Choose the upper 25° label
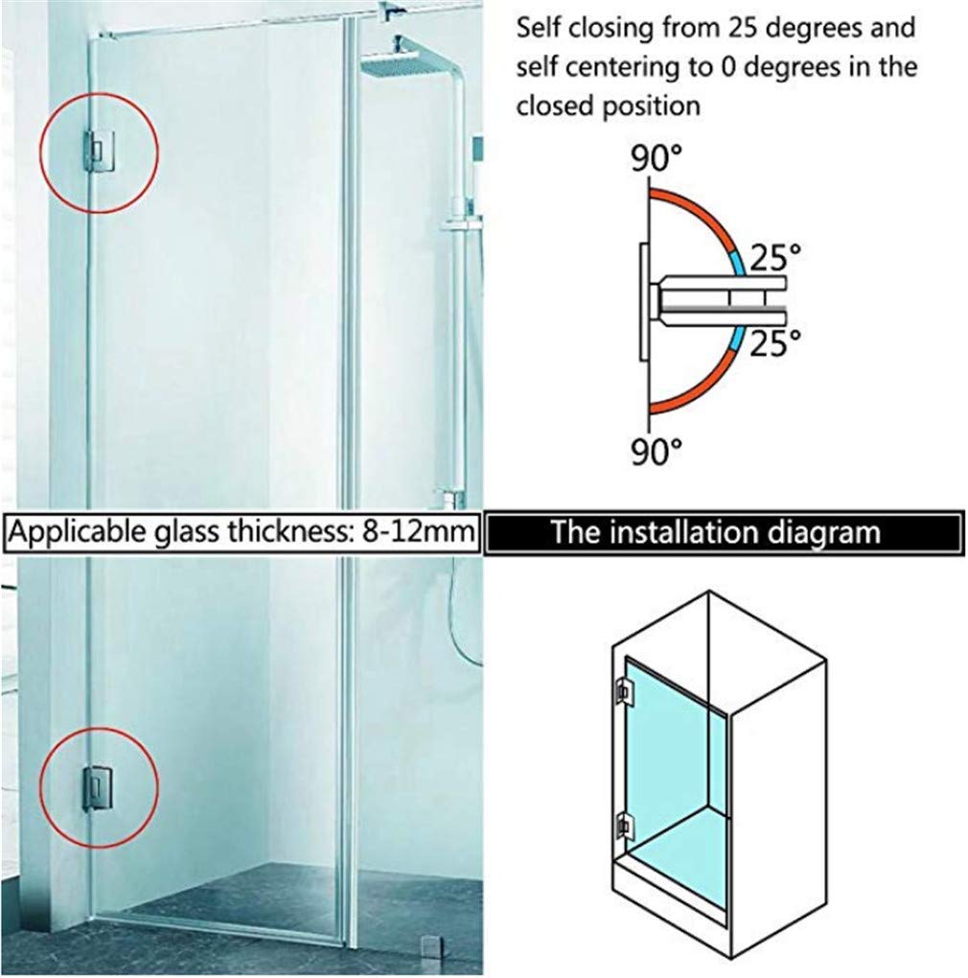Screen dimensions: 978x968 click(774, 256)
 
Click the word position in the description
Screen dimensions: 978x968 click(655, 105)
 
